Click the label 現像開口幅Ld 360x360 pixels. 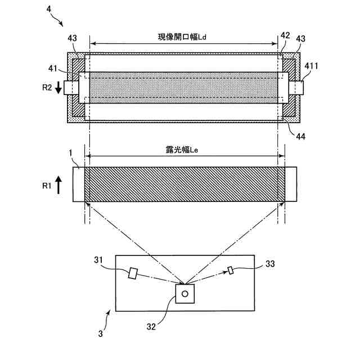coord(184,37)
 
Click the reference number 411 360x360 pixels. coord(311,66)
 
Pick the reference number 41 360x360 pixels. coord(53,69)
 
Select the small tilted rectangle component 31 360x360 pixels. coord(133,273)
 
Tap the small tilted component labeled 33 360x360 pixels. coord(231,271)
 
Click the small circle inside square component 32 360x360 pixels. coord(184,294)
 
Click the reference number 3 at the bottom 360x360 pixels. coord(100,334)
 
